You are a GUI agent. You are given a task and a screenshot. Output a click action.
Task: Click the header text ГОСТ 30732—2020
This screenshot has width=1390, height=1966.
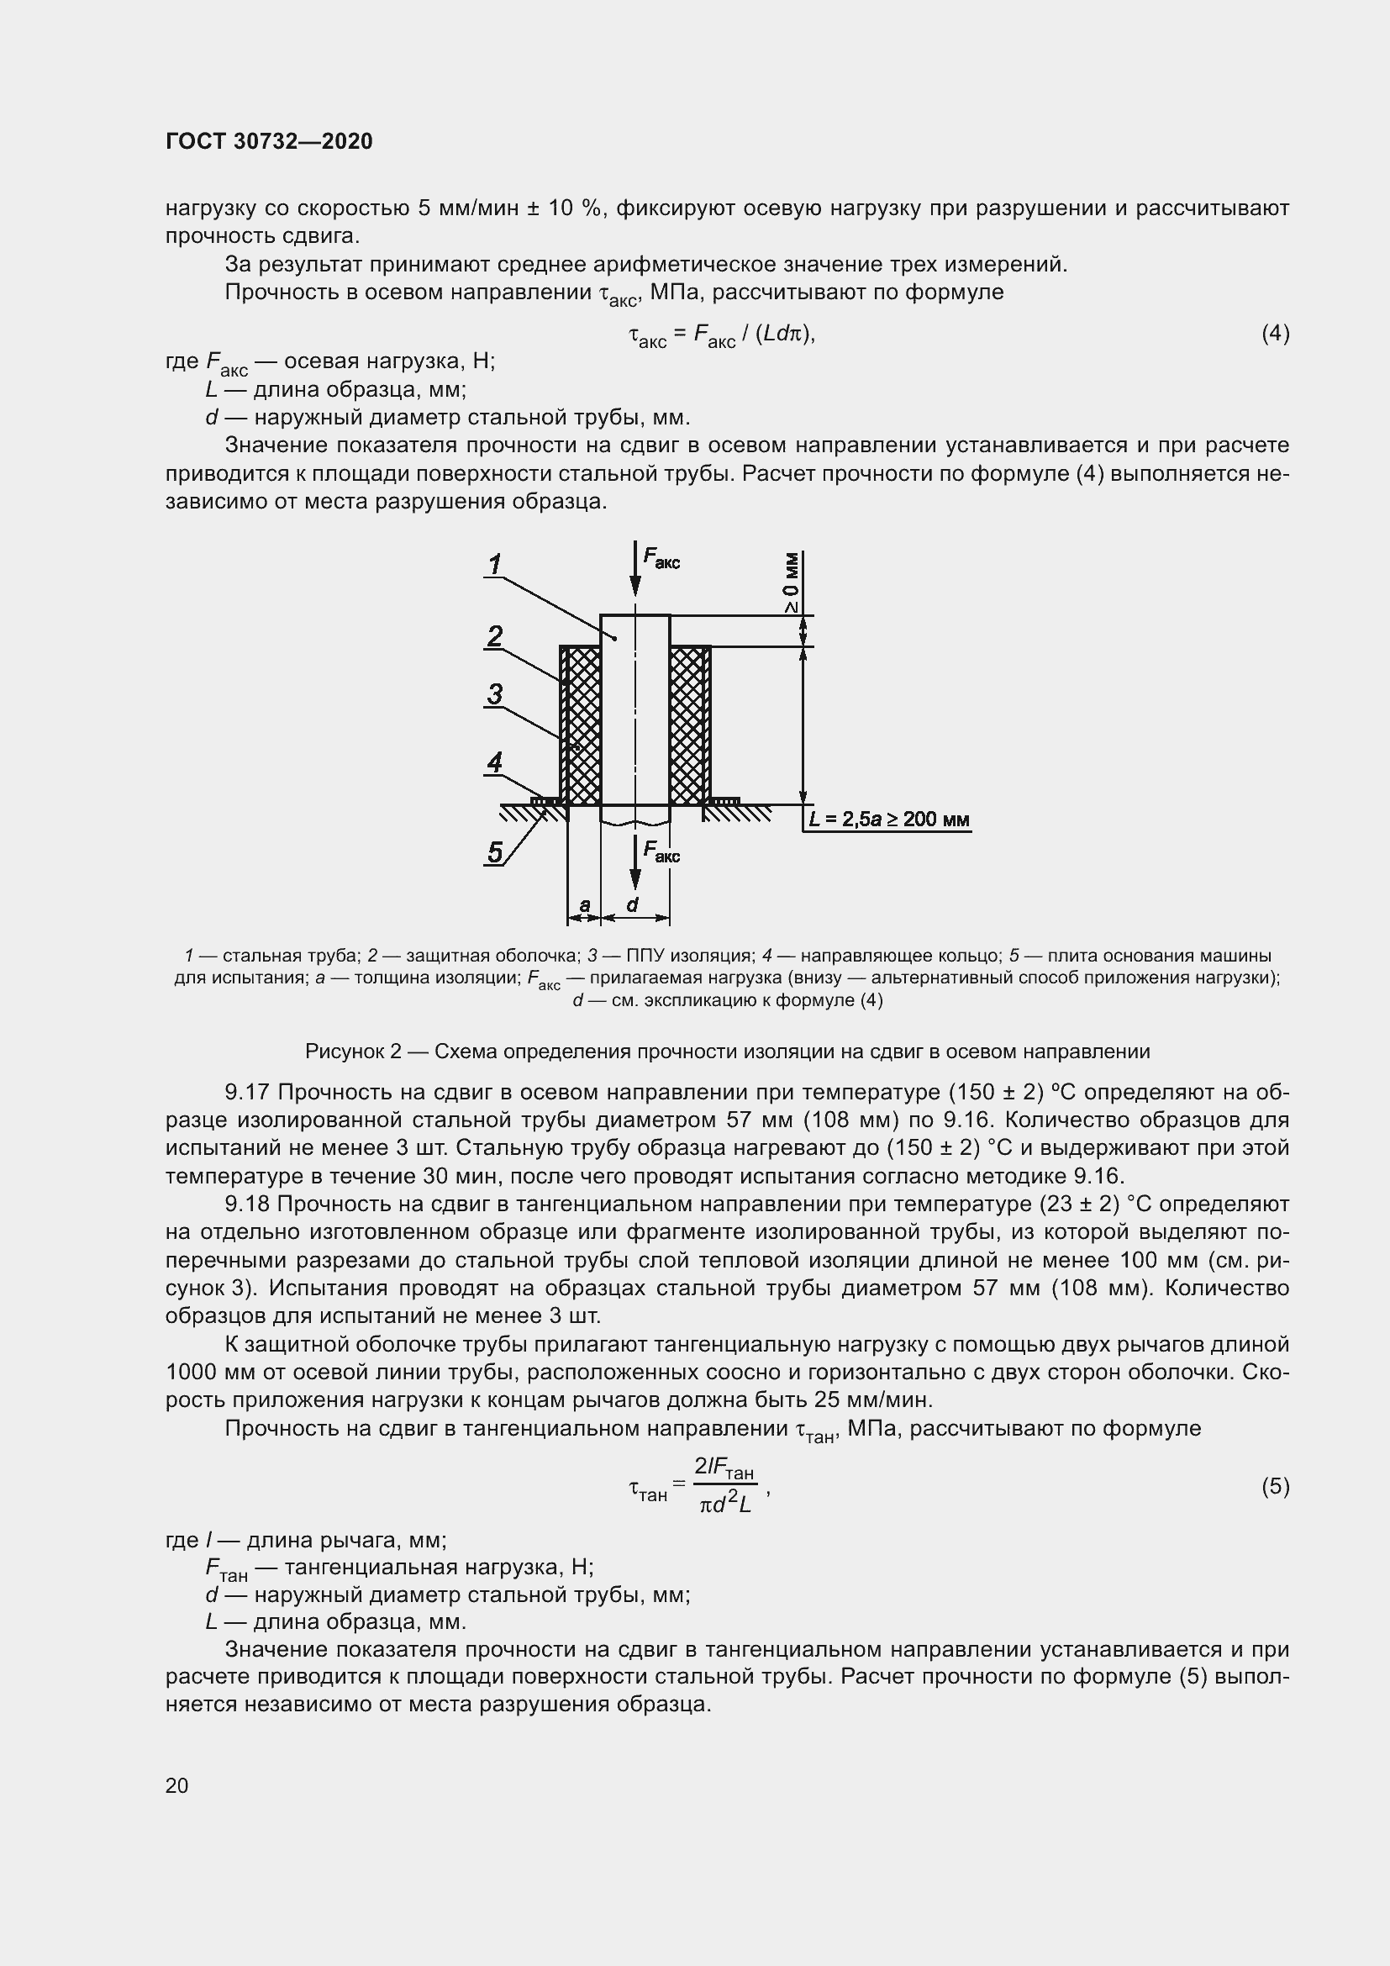[269, 141]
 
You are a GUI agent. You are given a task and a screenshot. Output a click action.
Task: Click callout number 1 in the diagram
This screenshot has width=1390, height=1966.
[495, 564]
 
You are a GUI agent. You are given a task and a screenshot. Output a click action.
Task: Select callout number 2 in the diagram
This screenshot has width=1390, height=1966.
[495, 636]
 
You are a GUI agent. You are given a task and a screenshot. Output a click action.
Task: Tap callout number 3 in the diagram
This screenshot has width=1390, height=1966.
[495, 694]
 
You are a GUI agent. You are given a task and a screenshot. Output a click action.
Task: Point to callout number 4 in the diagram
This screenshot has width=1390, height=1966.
[495, 762]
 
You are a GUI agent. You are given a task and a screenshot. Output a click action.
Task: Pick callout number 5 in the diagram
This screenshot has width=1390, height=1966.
[495, 852]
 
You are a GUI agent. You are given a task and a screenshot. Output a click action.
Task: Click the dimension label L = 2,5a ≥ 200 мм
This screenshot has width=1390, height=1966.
[888, 820]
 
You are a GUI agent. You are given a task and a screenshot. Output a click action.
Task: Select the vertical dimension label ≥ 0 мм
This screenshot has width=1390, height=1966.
[792, 583]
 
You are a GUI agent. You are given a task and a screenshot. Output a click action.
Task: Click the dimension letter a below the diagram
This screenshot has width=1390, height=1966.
[585, 904]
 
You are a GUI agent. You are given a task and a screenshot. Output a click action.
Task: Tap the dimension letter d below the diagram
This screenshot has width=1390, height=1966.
[633, 904]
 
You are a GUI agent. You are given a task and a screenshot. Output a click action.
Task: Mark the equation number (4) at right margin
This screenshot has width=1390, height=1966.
[1275, 333]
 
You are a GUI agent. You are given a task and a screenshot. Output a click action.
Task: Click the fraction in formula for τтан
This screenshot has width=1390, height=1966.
[724, 1485]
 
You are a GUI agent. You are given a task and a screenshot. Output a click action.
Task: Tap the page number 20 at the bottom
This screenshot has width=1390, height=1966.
[176, 1785]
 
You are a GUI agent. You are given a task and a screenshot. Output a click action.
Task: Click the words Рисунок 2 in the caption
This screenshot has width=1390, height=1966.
[353, 1051]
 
